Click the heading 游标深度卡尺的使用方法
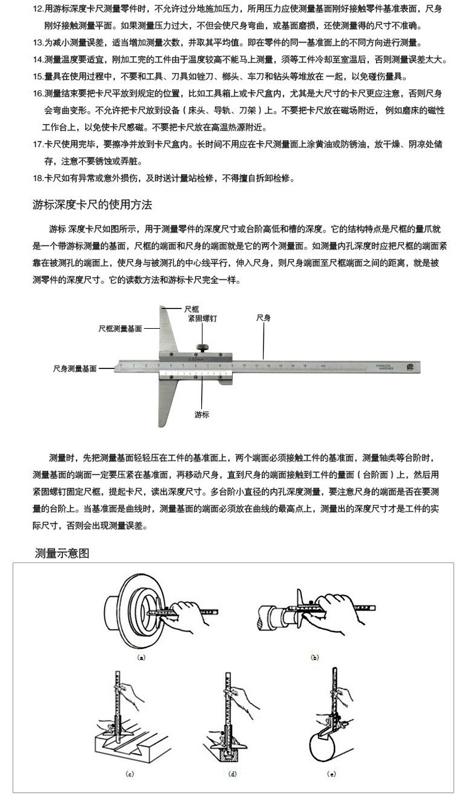point(92,205)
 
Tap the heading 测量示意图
point(62,553)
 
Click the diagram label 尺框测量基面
point(120,329)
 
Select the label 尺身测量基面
point(75,368)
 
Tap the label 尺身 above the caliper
point(264,318)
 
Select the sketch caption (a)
point(141,658)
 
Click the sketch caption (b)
point(314,658)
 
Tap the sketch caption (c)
point(130,774)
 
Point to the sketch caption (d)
point(232,774)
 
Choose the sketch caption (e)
point(332,774)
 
